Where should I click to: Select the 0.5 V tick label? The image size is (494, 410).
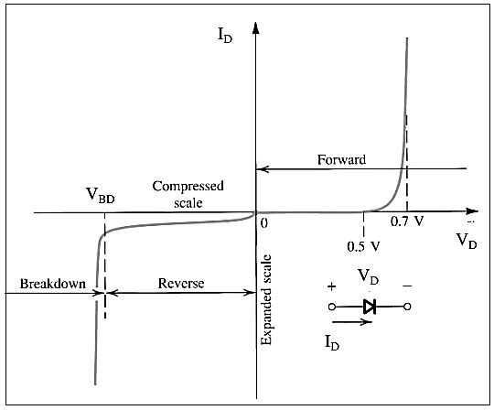click(365, 246)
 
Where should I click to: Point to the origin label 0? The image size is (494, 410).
click(264, 222)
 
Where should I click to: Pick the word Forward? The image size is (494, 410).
click(341, 160)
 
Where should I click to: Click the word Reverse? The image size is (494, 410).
click(179, 284)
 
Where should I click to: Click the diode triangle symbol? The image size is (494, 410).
click(370, 307)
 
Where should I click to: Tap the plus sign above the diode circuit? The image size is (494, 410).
click(331, 286)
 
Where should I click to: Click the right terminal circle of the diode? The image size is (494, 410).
click(408, 307)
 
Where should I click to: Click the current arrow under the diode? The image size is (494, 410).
click(351, 322)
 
